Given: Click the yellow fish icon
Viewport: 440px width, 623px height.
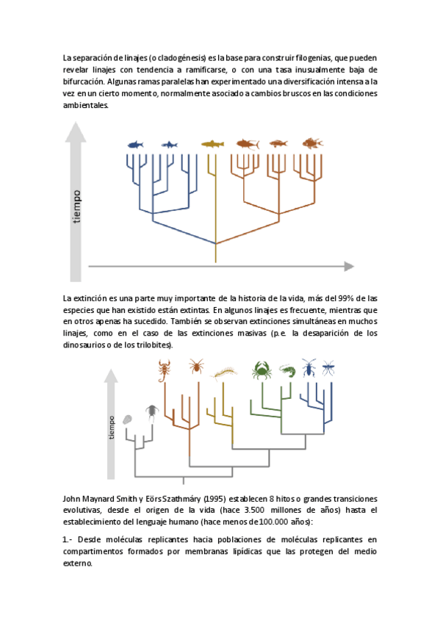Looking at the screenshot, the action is tap(212, 143).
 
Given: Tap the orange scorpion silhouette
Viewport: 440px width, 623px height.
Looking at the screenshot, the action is tap(164, 370).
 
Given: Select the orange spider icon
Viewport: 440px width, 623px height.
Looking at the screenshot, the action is tap(196, 366).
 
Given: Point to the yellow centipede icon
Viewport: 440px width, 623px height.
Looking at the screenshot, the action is tap(226, 373).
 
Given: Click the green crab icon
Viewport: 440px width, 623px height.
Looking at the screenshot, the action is tap(262, 370).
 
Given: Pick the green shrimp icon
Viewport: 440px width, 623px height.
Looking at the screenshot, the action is tap(287, 371).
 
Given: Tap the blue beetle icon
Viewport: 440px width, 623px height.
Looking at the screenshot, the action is tap(309, 367).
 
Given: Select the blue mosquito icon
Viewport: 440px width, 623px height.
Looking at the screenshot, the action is tap(328, 367).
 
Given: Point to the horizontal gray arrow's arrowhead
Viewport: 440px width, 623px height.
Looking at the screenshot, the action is tap(349, 266).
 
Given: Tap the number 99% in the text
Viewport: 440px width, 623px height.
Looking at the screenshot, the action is tap(345, 298).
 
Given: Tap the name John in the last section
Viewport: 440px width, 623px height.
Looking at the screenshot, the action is tap(71, 499).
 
